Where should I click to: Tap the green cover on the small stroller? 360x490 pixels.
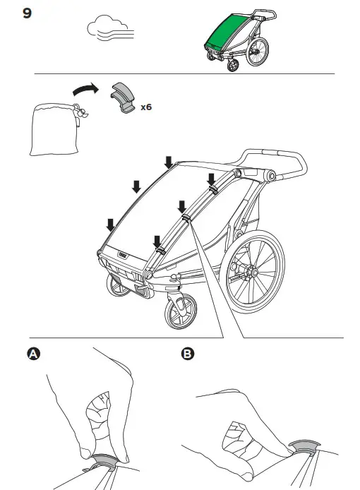click(227, 33)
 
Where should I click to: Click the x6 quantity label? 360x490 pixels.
click(146, 107)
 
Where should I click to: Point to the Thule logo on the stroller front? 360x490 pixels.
click(124, 250)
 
